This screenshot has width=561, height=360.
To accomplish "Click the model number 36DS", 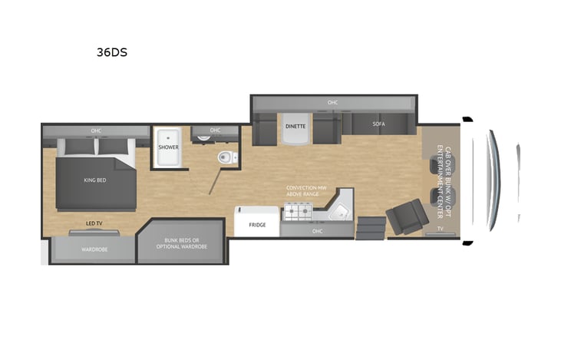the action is [x=112, y=52].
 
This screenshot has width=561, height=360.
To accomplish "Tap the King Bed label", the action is [x=95, y=180].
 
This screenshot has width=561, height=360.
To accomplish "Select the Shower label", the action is [x=169, y=147].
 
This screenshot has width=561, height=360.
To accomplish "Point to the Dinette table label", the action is [x=295, y=127].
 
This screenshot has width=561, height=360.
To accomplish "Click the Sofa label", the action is [x=379, y=124].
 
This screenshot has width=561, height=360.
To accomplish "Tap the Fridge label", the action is [x=257, y=225].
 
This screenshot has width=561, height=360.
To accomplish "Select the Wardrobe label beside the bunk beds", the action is [x=94, y=249].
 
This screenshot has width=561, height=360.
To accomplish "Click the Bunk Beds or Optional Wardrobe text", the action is [x=182, y=243].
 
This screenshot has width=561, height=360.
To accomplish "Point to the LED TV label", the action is [x=94, y=223].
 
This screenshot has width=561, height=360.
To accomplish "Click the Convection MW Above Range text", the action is [x=306, y=190].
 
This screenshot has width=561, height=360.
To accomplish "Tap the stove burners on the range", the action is [x=299, y=211].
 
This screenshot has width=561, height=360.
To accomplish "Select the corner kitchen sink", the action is [x=338, y=213].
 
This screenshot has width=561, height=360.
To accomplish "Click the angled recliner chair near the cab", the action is [x=408, y=216].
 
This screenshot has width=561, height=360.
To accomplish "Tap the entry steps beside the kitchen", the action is [x=371, y=228].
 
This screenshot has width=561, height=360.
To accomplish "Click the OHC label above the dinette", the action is [x=333, y=102].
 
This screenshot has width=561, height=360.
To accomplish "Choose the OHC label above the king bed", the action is [x=96, y=130].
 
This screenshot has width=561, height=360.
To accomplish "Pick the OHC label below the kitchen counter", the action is [x=318, y=231].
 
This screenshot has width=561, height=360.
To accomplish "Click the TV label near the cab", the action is [x=440, y=228].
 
